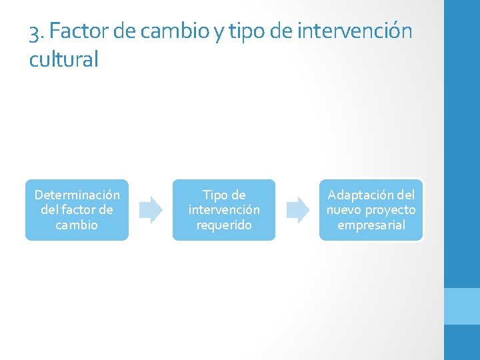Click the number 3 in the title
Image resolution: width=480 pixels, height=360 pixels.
click(x=35, y=31)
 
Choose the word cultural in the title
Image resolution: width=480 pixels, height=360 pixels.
click(x=63, y=60)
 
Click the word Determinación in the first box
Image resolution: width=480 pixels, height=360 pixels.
click(x=77, y=195)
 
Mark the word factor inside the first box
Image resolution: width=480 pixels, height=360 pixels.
click(x=77, y=210)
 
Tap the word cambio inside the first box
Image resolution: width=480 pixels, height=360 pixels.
click(x=77, y=225)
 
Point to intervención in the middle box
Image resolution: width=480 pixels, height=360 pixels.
click(x=224, y=210)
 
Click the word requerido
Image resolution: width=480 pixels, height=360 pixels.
click(x=224, y=225)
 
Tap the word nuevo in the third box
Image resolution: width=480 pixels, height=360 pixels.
click(x=343, y=210)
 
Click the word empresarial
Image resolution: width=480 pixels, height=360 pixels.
click(x=371, y=225)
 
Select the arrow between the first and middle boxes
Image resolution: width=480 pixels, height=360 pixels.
click(x=151, y=209)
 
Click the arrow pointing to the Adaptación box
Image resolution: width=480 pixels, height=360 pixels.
click(x=298, y=209)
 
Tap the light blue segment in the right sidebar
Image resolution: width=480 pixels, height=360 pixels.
click(x=461, y=306)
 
